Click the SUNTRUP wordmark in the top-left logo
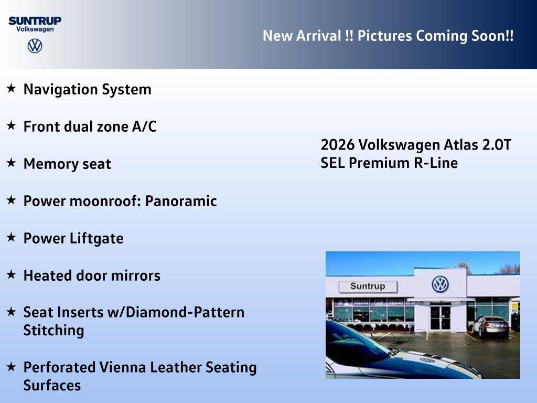pyautogui.click(x=35, y=20)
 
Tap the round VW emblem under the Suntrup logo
pyautogui.click(x=35, y=46)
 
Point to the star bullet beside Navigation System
pyautogui.click(x=11, y=89)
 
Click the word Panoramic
pyautogui.click(x=181, y=201)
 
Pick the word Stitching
pyautogui.click(x=53, y=331)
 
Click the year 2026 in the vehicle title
pyautogui.click(x=338, y=145)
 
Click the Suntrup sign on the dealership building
pyautogui.click(x=368, y=287)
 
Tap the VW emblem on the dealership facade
pyautogui.click(x=440, y=284)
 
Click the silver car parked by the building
pyautogui.click(x=490, y=326)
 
